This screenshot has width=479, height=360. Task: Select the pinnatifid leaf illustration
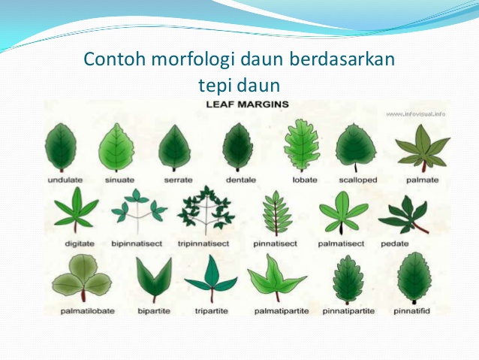[414, 277]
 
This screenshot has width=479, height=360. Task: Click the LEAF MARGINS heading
[247, 106]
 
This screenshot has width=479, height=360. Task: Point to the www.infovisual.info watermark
[415, 114]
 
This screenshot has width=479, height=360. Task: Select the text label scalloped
[357, 180]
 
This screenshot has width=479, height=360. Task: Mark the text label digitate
[72, 244]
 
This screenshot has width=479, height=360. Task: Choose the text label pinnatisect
[276, 244]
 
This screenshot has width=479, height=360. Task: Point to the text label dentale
[240, 180]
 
